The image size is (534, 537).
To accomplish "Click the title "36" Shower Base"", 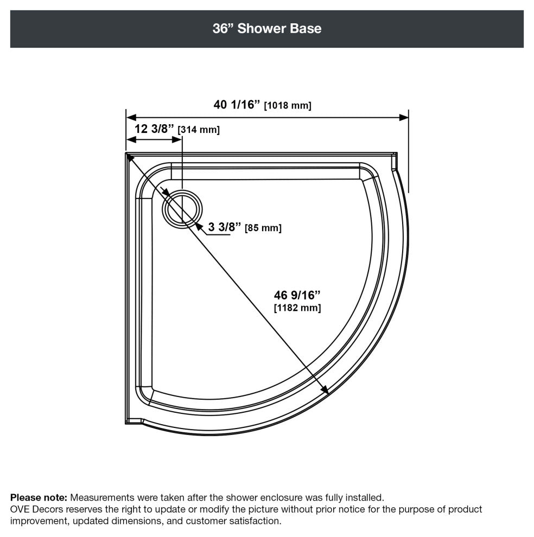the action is click(267, 28).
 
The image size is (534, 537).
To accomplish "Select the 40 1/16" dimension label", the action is click(237, 105).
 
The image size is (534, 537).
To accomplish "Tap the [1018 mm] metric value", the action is click(288, 105).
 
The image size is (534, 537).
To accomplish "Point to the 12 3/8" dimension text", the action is click(154, 129).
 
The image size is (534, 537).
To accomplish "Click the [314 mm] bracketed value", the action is click(199, 130).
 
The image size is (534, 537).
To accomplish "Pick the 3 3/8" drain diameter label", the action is click(225, 227).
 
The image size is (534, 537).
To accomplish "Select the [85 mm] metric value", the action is click(263, 228).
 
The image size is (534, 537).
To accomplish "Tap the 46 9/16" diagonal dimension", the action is click(297, 295).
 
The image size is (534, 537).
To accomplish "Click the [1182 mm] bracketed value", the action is click(297, 308).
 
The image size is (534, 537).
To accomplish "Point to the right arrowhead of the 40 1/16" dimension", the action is click(404, 118).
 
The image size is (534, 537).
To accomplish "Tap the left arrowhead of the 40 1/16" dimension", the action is click(131, 118).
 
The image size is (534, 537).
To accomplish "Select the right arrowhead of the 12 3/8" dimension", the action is click(177, 139).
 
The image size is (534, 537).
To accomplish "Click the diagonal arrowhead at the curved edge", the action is click(325, 389).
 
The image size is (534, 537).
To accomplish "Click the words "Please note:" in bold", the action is click(39, 497).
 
